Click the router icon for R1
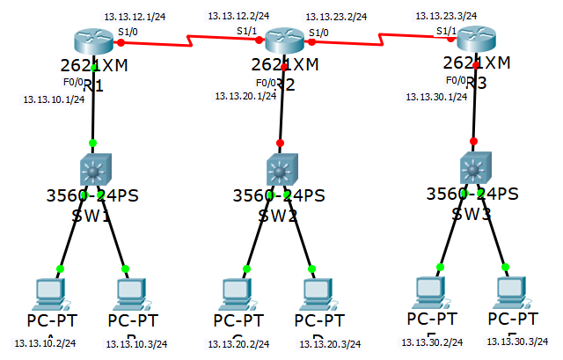point(93,41)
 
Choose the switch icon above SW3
point(474,166)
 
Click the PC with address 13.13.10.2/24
point(48,292)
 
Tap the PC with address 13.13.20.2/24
point(236,292)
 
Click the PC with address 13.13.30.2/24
point(429,290)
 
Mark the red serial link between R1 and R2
point(189,40)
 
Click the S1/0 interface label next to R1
point(128,32)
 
